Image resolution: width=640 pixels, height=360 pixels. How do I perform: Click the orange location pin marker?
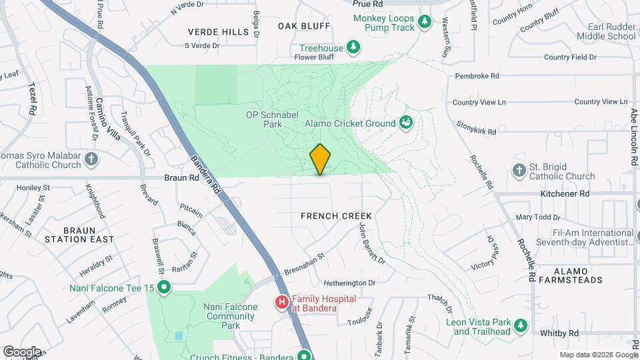(x=320, y=159)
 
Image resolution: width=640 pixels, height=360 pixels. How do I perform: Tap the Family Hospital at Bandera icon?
(x=282, y=303)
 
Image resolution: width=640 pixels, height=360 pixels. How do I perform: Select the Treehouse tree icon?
(x=354, y=47)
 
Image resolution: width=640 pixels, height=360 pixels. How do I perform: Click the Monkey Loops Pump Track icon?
(x=425, y=23)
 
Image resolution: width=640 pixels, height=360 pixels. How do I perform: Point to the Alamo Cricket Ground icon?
(x=405, y=123)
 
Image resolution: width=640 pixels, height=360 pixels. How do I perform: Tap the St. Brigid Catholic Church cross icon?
(x=519, y=171)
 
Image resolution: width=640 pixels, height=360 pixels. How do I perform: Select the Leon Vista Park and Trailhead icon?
(x=520, y=327)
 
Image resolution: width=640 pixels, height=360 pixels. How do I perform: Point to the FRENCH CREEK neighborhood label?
(x=336, y=216)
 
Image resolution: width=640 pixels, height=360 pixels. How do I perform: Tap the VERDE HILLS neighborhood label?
(x=217, y=31)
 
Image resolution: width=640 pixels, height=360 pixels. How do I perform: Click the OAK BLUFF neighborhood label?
(x=304, y=26)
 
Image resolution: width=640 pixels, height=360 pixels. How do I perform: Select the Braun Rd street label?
(x=181, y=178)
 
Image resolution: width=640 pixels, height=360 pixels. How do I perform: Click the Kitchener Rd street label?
(x=567, y=193)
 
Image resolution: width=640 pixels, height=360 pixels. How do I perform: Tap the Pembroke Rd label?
(x=477, y=76)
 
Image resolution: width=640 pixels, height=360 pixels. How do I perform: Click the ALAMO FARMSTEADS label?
(x=578, y=275)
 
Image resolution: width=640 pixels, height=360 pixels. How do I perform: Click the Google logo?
(x=22, y=351)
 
